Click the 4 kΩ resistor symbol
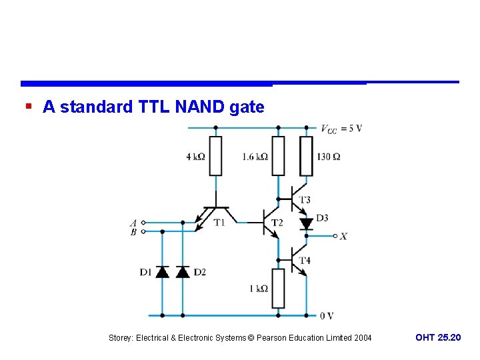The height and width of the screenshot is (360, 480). pos(215,156)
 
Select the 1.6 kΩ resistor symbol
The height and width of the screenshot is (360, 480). pos(278,156)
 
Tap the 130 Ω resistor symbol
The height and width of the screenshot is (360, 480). pos(306,156)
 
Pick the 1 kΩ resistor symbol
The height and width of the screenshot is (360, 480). pos(278,288)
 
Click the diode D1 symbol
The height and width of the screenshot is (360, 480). pos(162,271)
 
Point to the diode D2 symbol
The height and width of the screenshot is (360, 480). pos(182,271)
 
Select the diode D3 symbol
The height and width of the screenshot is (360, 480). pos(306,223)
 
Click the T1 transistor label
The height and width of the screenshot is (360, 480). pos(219,223)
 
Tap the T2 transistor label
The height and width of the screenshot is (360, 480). pos(277,223)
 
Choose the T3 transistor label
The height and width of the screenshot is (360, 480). pos(305,200)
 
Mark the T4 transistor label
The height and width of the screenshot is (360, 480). pos(305,260)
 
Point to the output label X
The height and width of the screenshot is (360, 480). pos(343,236)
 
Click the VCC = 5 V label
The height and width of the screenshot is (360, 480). pos(341,129)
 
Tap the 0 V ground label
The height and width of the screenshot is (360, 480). pos(326,315)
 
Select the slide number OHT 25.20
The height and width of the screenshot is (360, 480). pos(437,338)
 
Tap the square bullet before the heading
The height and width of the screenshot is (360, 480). pos(28,106)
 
